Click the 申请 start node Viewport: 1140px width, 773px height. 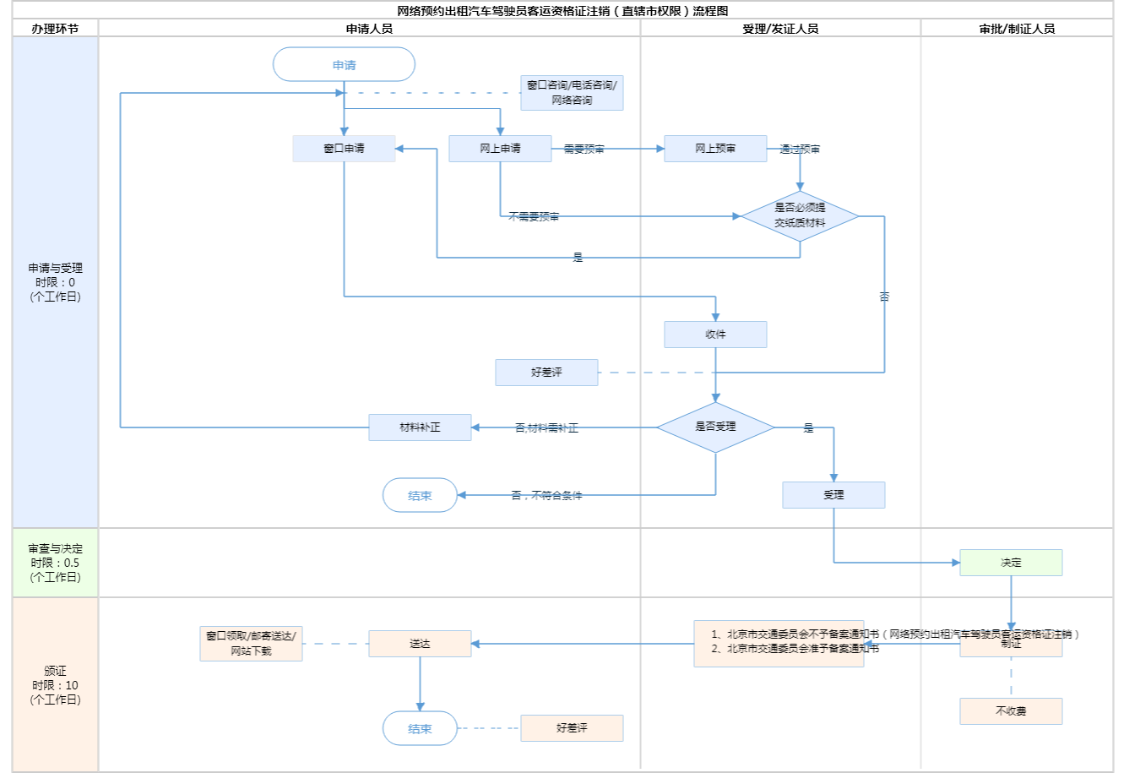point(344,65)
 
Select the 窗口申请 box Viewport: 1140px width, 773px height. point(344,149)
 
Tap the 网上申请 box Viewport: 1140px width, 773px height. point(500,149)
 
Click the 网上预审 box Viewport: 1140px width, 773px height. point(715,149)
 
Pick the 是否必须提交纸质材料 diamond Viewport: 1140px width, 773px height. point(800,216)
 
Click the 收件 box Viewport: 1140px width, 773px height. point(715,335)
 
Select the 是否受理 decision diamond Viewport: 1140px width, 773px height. point(715,427)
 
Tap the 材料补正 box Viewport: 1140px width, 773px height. point(420,427)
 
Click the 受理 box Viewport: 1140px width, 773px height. point(833,495)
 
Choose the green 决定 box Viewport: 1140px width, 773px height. point(1011,563)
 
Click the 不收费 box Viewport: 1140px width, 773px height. point(1011,711)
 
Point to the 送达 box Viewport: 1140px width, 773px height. point(420,644)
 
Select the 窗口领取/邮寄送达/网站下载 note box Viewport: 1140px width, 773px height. point(251,644)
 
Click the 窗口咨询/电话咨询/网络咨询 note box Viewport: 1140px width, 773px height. point(572,93)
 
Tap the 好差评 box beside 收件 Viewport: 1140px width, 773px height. point(546,373)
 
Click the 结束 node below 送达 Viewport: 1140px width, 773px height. point(420,728)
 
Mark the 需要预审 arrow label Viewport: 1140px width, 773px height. point(584,150)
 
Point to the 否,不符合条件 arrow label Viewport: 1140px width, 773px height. point(546,496)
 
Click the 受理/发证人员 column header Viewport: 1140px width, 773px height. point(780,29)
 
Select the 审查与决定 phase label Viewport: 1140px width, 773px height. point(55,563)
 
